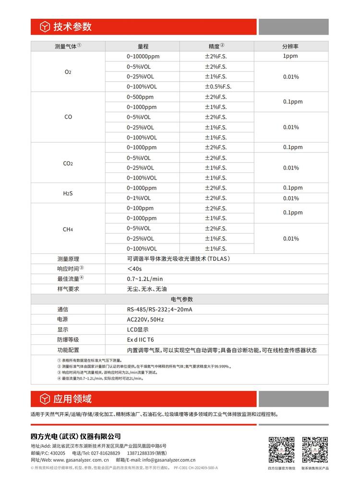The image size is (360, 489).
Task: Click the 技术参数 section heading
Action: coord(72,26)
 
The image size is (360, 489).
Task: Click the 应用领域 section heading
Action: coord(72,399)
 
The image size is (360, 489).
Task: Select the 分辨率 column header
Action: coord(290,46)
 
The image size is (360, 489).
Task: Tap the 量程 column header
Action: coord(143,46)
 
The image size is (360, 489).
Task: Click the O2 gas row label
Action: coord(68,72)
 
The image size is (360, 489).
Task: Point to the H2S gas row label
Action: coord(68,193)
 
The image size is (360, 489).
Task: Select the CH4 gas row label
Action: coord(68,229)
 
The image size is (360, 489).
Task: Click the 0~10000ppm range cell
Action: coord(143,56)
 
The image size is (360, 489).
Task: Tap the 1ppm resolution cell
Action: coord(290,56)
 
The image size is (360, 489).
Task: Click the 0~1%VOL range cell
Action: coord(139,198)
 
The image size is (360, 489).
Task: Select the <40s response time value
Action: coord(135,269)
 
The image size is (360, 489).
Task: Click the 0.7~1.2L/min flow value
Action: coord(144,279)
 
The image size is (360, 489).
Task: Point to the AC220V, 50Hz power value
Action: coord(145,319)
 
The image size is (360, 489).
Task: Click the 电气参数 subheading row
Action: coord(180,299)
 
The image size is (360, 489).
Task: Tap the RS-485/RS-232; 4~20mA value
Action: coord(159,309)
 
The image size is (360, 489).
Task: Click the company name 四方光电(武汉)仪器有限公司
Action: coord(75,437)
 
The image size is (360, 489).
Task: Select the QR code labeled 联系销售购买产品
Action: coord(315,450)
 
